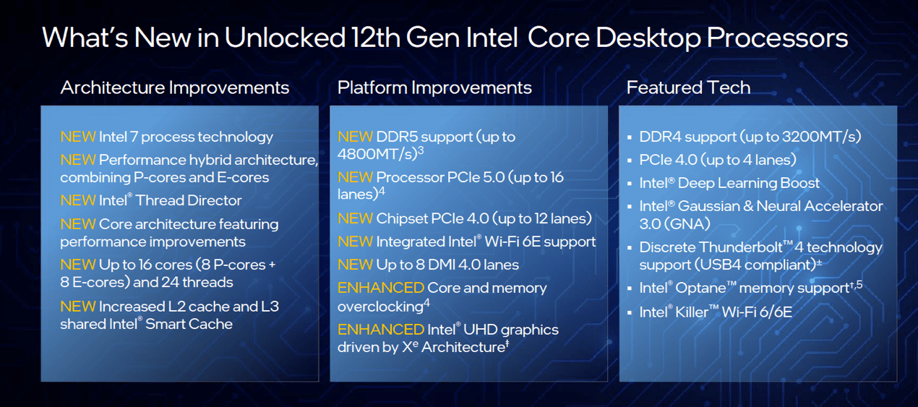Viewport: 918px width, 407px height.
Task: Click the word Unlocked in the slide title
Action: (285, 38)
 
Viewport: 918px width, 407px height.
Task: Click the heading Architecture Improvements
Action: (175, 87)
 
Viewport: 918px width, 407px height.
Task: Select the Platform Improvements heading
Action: (434, 87)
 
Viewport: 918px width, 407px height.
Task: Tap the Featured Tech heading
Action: (688, 87)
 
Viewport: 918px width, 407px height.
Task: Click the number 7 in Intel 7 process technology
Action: (134, 137)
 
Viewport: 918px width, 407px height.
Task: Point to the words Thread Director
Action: (189, 200)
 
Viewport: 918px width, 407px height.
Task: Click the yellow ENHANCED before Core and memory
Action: (381, 288)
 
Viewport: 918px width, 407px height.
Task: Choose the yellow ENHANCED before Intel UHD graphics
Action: (381, 330)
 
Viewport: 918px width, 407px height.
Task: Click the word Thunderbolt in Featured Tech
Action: (741, 247)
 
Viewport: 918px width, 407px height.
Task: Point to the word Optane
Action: (700, 288)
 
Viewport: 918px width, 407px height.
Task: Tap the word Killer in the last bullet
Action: (692, 312)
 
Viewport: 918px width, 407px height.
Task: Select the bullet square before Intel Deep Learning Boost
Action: (630, 184)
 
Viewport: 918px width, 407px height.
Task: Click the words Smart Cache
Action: (189, 324)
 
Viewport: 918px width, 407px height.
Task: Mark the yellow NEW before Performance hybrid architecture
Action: (78, 160)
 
